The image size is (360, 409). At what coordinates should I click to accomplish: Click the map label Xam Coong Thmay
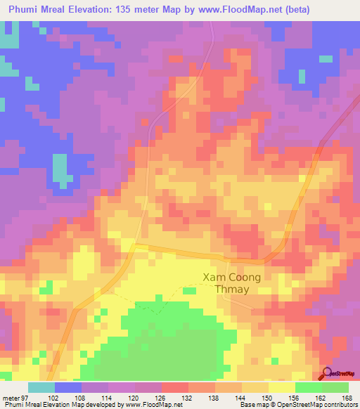click(x=231, y=284)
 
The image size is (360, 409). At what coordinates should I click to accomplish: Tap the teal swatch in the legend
click(x=41, y=387)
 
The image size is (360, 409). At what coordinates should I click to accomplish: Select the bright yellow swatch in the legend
click(x=281, y=387)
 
